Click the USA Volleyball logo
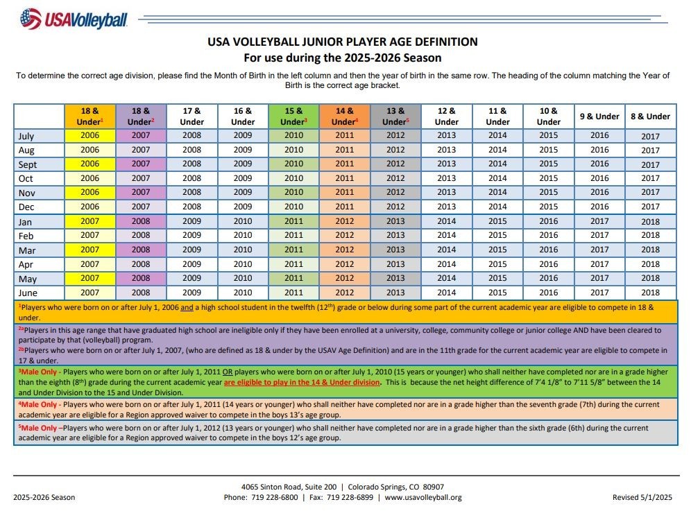(74, 19)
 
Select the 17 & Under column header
(192, 116)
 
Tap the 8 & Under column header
(650, 116)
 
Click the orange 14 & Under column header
(345, 116)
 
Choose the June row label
(27, 293)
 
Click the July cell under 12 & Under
(447, 136)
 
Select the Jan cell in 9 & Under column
(599, 221)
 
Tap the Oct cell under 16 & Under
(243, 178)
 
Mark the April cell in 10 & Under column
(548, 264)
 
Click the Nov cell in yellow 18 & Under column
(90, 192)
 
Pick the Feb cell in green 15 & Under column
(294, 236)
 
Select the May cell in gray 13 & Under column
(395, 279)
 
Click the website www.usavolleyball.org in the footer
(423, 497)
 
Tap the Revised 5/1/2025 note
(642, 497)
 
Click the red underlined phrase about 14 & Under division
(302, 382)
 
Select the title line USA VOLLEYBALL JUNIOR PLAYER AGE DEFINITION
(343, 42)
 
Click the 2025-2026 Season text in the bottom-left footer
(44, 497)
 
